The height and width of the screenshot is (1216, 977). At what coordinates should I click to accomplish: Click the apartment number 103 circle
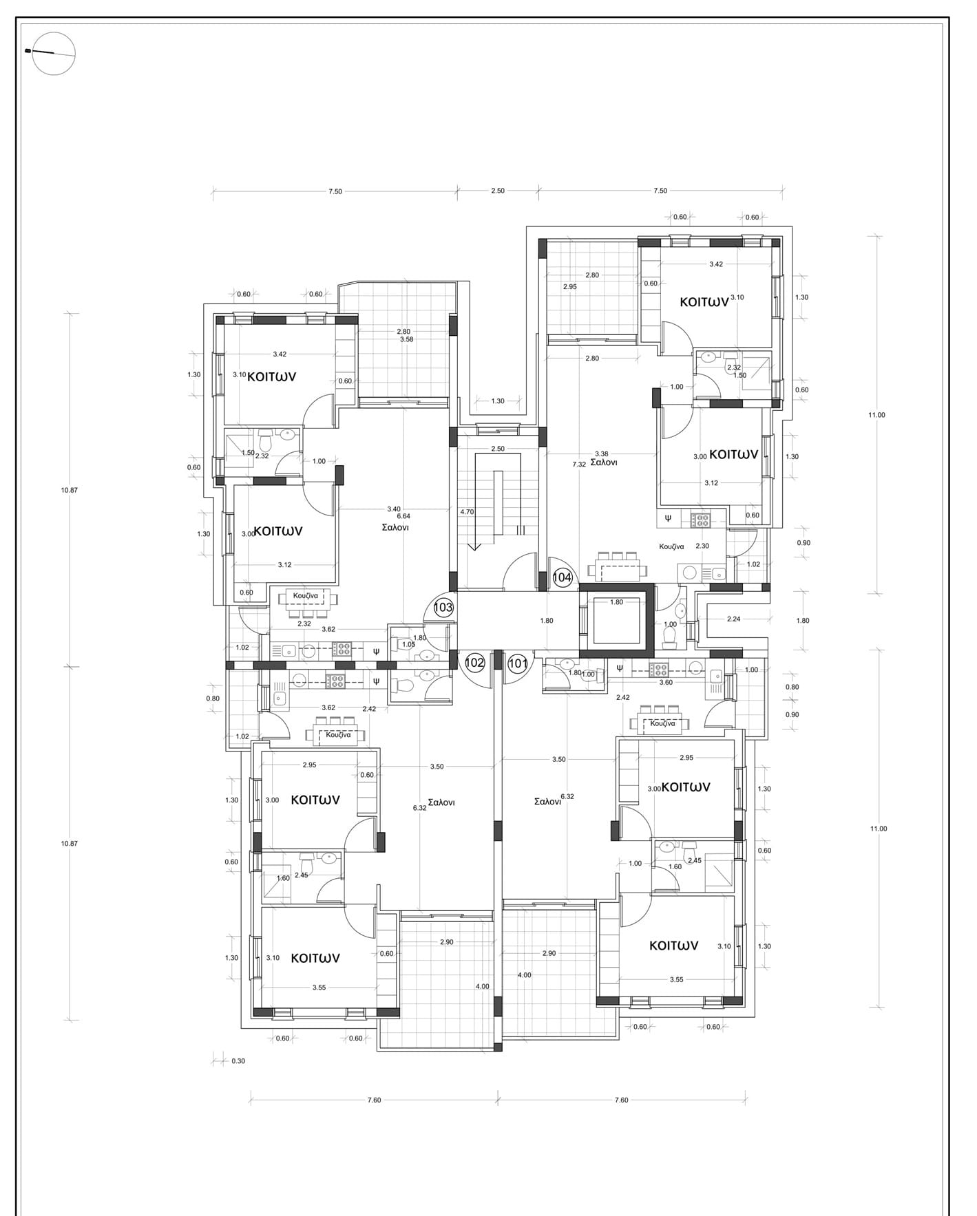pyautogui.click(x=443, y=608)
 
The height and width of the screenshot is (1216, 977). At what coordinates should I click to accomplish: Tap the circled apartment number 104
pyautogui.click(x=563, y=577)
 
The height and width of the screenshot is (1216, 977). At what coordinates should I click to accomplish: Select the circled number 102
pyautogui.click(x=475, y=663)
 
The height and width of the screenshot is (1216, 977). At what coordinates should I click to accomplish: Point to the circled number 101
pyautogui.click(x=518, y=663)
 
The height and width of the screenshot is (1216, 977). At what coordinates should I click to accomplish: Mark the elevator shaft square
pyautogui.click(x=616, y=621)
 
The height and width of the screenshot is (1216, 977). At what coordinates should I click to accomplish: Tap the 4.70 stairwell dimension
pyautogui.click(x=467, y=512)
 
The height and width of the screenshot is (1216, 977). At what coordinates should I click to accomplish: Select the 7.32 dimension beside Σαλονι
pyautogui.click(x=579, y=465)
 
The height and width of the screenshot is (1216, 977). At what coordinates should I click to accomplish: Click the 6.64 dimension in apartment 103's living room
pyautogui.click(x=404, y=516)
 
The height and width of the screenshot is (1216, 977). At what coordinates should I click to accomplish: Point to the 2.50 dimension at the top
pyautogui.click(x=498, y=191)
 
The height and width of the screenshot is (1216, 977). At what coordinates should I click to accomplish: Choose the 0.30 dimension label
pyautogui.click(x=238, y=1061)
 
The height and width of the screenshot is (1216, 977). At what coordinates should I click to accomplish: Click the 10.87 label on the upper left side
pyautogui.click(x=70, y=490)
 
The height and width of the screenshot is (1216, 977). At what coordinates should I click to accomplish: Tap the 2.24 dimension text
pyautogui.click(x=734, y=619)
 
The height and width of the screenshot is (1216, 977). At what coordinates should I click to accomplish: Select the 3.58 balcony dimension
pyautogui.click(x=407, y=339)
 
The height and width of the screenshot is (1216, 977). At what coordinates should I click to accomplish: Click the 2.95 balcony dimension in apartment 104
pyautogui.click(x=570, y=286)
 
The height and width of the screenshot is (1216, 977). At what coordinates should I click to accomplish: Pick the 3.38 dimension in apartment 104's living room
pyautogui.click(x=601, y=454)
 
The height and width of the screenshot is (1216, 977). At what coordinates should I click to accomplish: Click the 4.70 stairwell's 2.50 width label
pyautogui.click(x=498, y=449)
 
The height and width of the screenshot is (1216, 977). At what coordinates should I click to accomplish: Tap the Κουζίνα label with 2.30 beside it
pyautogui.click(x=671, y=546)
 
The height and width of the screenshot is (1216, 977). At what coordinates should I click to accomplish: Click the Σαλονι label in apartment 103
pyautogui.click(x=396, y=528)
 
